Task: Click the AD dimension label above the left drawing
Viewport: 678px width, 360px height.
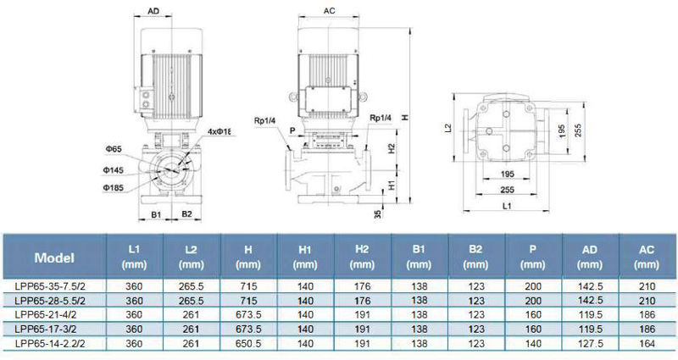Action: click(153, 11)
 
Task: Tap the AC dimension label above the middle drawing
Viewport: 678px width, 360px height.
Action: click(329, 11)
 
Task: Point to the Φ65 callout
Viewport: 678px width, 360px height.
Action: click(114, 149)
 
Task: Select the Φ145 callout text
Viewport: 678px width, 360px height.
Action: click(114, 170)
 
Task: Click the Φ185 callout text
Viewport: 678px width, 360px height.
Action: click(114, 187)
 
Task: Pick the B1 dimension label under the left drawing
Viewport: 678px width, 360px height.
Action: click(156, 214)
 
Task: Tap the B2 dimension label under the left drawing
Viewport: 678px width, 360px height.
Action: click(186, 214)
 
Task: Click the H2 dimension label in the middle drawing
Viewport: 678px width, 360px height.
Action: click(392, 148)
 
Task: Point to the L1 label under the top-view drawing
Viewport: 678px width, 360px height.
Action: click(507, 206)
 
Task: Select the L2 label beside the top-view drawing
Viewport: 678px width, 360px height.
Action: click(448, 129)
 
